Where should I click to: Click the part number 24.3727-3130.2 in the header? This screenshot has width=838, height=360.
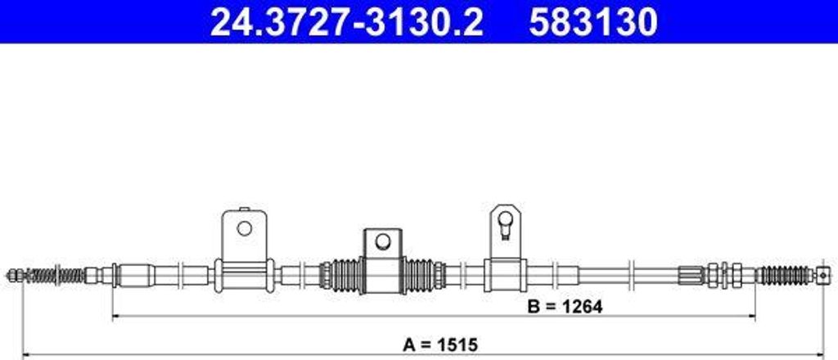346,22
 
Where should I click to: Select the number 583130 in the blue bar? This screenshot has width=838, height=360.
592,22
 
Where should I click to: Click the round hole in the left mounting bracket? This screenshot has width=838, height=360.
244,227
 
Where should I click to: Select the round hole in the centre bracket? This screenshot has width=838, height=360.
382,241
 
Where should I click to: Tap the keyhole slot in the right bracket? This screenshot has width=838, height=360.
505,222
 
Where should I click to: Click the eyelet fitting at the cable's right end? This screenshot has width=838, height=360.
822,275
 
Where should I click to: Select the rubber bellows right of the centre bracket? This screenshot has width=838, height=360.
424,275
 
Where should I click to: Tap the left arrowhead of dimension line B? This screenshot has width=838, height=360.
115,316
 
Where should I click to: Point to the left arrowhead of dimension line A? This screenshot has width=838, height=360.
25,353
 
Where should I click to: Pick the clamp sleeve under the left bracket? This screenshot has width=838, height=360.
243,274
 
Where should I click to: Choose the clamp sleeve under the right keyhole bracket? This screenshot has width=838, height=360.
504,274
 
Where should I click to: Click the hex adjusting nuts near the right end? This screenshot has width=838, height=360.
723,275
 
